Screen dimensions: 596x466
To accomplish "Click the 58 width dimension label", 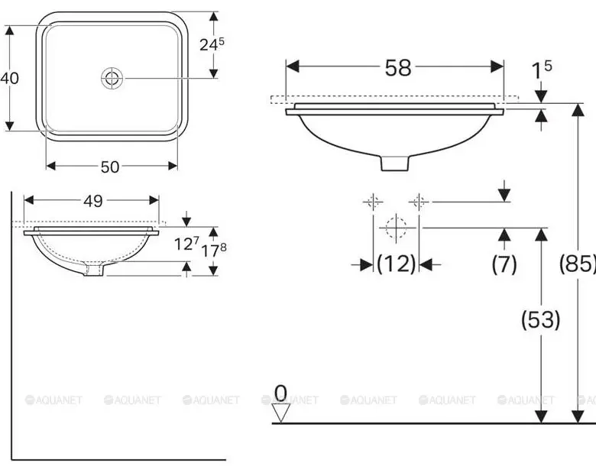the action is pyautogui.click(x=398, y=68).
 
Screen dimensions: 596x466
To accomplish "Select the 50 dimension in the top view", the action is pyautogui.click(x=110, y=167).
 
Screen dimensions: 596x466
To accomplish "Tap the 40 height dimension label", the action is pyautogui.click(x=9, y=78).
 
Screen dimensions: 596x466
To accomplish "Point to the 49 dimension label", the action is pyautogui.click(x=93, y=201).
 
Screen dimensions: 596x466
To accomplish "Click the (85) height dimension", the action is pyautogui.click(x=578, y=264).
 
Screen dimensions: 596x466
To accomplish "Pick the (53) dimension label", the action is pyautogui.click(x=540, y=319).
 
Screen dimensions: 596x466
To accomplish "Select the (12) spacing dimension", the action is pyautogui.click(x=396, y=264).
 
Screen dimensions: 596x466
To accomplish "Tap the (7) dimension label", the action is pyautogui.click(x=504, y=264).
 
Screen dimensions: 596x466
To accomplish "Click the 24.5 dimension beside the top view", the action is pyautogui.click(x=212, y=44).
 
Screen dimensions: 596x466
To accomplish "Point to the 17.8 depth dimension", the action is pyautogui.click(x=214, y=250).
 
